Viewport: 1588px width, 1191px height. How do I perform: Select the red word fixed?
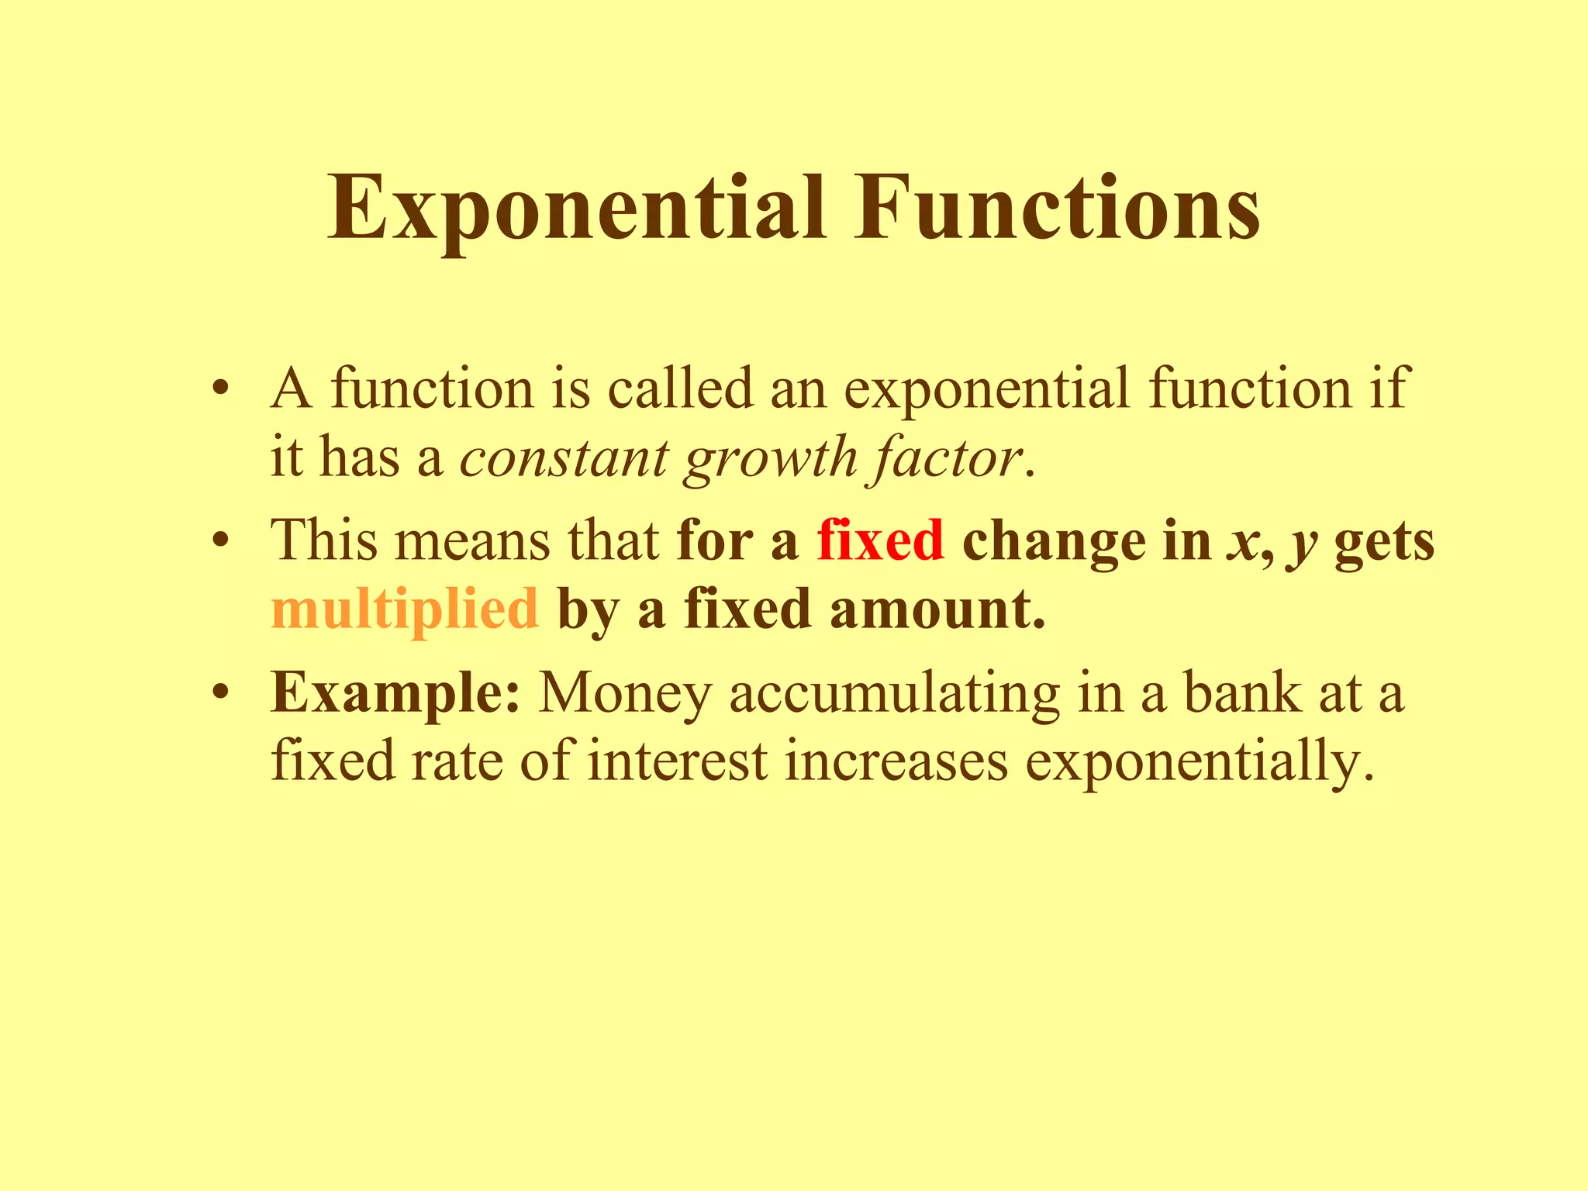(880, 540)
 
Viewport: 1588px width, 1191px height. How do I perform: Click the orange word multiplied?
(404, 609)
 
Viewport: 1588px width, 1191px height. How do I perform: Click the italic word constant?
(564, 457)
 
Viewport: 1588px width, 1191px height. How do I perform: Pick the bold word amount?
(937, 609)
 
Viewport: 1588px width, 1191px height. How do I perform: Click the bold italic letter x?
(1242, 542)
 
